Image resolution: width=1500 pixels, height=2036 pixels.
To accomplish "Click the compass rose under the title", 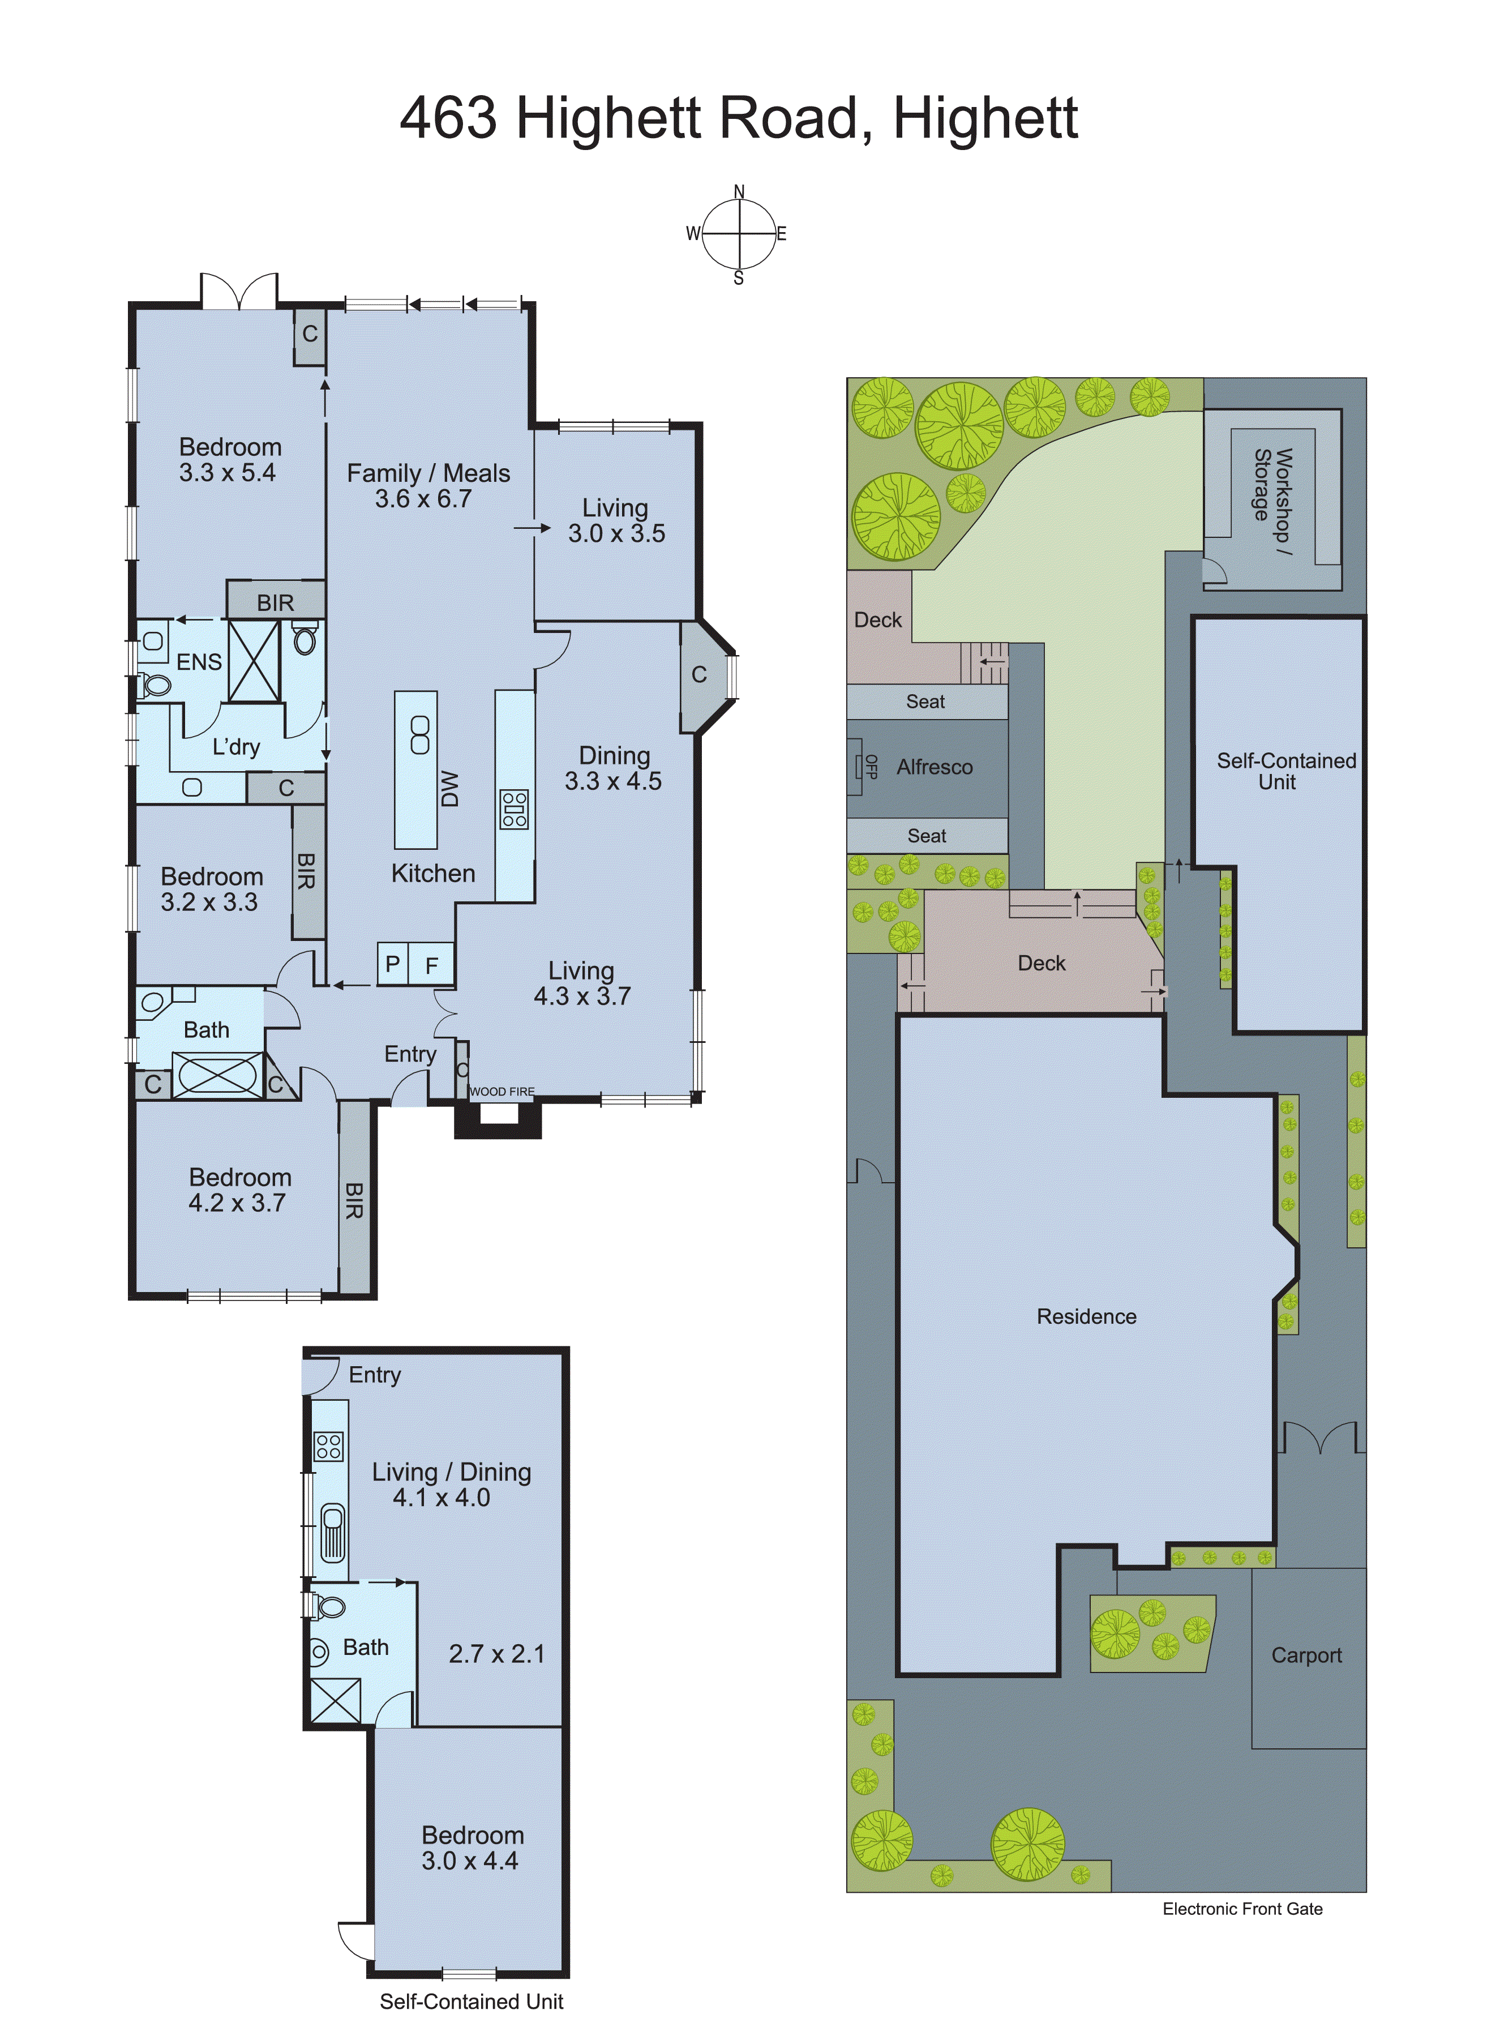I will pyautogui.click(x=739, y=233).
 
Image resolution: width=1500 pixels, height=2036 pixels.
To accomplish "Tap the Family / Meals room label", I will pyautogui.click(x=428, y=486).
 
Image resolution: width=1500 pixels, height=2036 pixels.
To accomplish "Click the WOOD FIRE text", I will pyautogui.click(x=502, y=1092).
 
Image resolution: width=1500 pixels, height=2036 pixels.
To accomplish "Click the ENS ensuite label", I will pyautogui.click(x=199, y=662).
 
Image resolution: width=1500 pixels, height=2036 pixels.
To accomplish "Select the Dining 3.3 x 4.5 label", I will pyautogui.click(x=614, y=768).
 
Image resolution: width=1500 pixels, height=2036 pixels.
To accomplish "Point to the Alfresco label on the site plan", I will pyautogui.click(x=935, y=767).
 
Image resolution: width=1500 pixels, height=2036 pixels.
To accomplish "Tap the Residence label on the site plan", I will pyautogui.click(x=1086, y=1316).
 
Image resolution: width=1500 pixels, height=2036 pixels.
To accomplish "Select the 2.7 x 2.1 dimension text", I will pyautogui.click(x=496, y=1654).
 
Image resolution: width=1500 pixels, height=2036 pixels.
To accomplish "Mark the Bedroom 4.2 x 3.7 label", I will pyautogui.click(x=239, y=1190).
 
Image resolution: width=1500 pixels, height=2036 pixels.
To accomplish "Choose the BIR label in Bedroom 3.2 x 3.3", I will pyautogui.click(x=307, y=872).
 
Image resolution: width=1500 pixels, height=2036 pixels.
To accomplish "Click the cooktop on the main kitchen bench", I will pyautogui.click(x=514, y=809).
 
